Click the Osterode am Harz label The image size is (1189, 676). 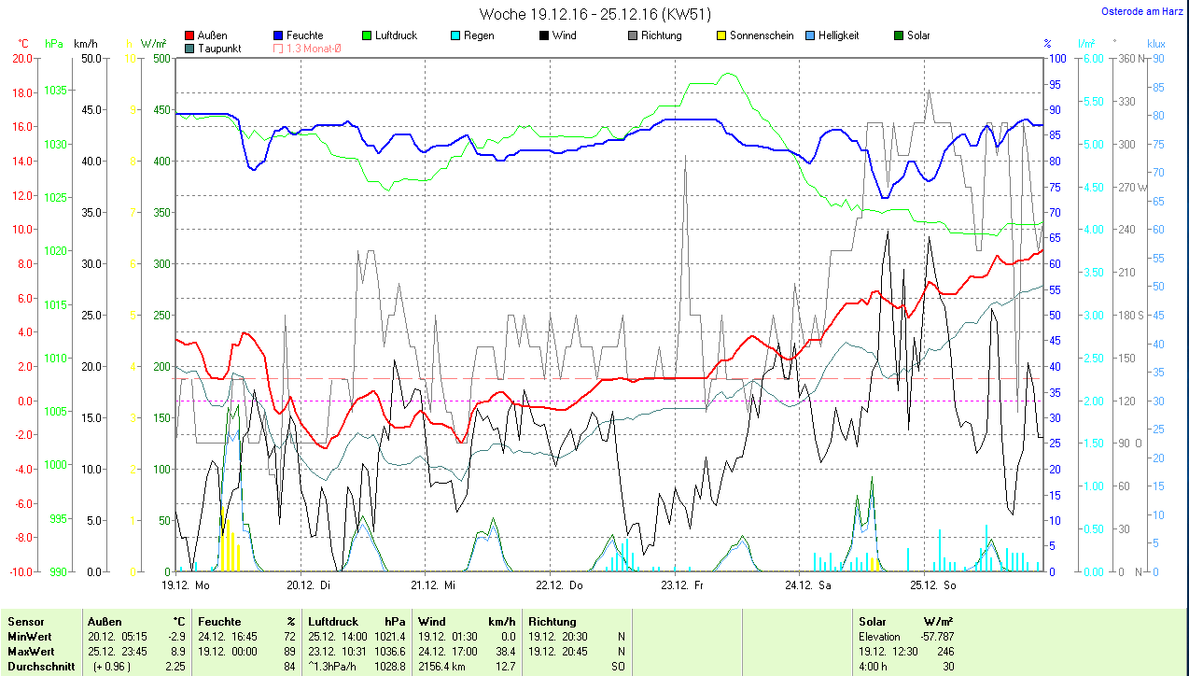(x=1144, y=12)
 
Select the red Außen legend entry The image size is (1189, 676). (x=207, y=35)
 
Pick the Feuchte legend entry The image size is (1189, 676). (x=299, y=35)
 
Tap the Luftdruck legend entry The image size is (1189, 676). (x=389, y=35)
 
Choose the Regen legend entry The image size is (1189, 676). (x=472, y=35)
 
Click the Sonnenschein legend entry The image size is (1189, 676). (x=755, y=35)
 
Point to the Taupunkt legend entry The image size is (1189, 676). (x=213, y=49)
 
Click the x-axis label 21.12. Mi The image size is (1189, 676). (x=433, y=585)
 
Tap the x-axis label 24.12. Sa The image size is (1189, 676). (x=807, y=585)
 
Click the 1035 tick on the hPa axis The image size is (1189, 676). (x=56, y=91)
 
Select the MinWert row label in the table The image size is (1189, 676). (x=31, y=637)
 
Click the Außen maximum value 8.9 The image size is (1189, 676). (x=177, y=651)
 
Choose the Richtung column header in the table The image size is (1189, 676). (x=553, y=622)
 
